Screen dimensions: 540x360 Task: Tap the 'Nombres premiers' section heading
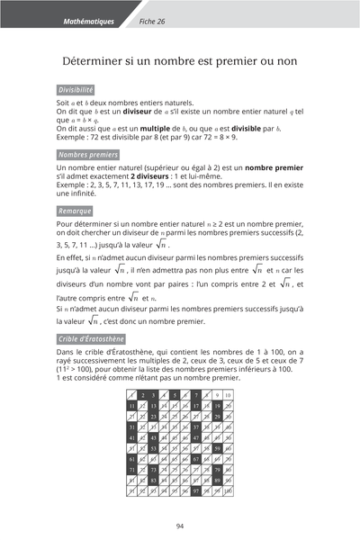tap(87, 156)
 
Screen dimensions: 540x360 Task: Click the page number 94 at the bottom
tap(180, 526)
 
